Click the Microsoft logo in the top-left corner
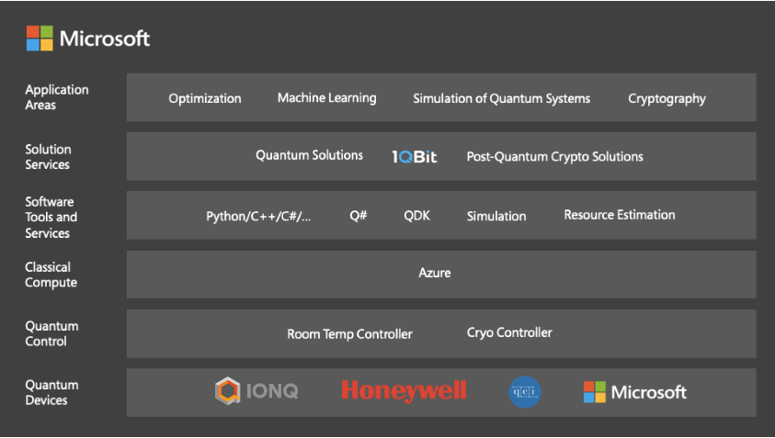(x=88, y=38)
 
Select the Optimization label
(x=205, y=99)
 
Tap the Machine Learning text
(x=326, y=97)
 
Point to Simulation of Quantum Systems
(x=501, y=99)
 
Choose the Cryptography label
(x=667, y=99)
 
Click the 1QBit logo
(x=415, y=157)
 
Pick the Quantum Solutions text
(x=309, y=155)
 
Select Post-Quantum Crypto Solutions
(x=554, y=156)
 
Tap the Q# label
(x=359, y=215)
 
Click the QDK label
(x=416, y=215)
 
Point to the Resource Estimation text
(x=620, y=215)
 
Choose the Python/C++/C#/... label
(x=258, y=217)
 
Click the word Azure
(x=435, y=273)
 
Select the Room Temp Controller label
(x=349, y=334)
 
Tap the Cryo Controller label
(x=509, y=332)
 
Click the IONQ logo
(x=256, y=390)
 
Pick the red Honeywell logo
(x=404, y=390)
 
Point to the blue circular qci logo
(x=524, y=392)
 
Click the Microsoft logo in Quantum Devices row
(x=634, y=392)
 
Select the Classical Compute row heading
(x=51, y=275)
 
